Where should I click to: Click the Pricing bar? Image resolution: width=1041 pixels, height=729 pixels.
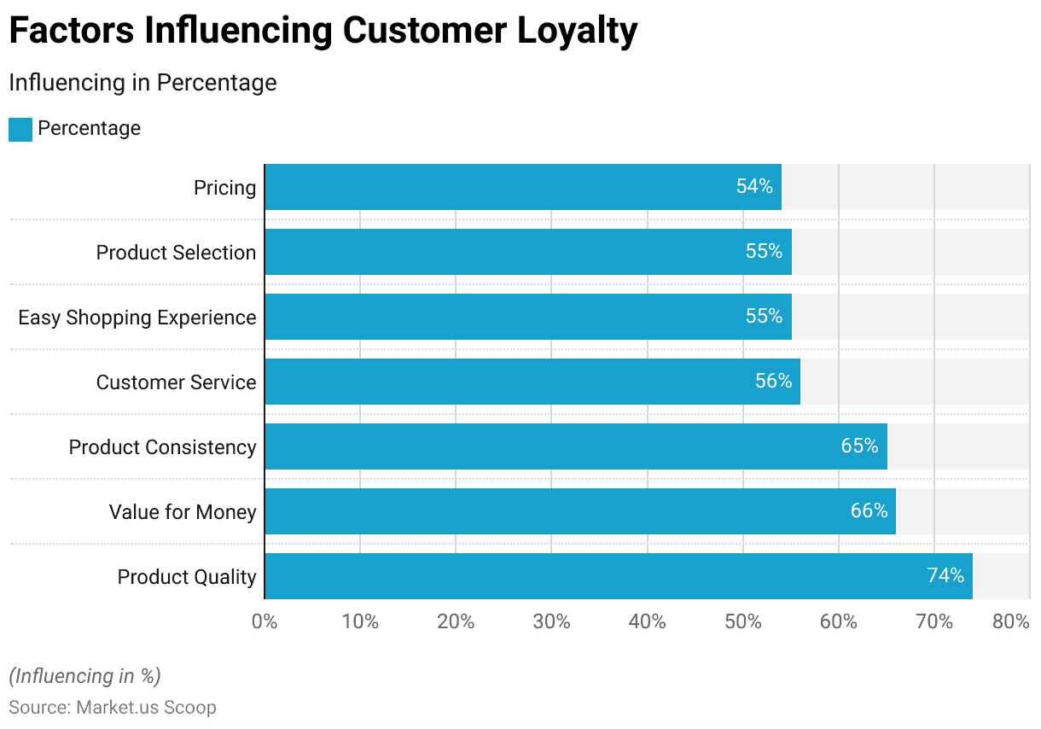[x=522, y=187]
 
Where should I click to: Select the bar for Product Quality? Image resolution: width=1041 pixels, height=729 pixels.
[x=618, y=576]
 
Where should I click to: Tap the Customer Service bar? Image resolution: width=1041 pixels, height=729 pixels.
[x=532, y=382]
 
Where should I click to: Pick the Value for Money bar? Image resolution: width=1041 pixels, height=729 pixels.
[x=579, y=511]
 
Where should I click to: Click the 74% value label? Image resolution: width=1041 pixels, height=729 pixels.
[x=945, y=576]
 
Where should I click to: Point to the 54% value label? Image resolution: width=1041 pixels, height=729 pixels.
[x=754, y=187]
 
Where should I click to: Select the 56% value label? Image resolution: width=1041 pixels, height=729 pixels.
[x=773, y=382]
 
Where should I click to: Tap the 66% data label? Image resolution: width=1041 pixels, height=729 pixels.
[x=869, y=511]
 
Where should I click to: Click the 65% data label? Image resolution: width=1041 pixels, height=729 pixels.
[x=859, y=446]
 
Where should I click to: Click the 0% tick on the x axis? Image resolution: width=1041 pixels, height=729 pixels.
[x=265, y=622]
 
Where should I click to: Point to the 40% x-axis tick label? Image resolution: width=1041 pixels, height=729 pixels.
[x=647, y=622]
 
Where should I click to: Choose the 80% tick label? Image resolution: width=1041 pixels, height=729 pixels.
[x=1011, y=622]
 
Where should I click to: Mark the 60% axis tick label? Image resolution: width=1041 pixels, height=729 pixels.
[x=838, y=622]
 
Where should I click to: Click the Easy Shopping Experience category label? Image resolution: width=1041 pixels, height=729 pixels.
[x=137, y=318]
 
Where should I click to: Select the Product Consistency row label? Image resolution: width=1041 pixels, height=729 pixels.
[x=162, y=447]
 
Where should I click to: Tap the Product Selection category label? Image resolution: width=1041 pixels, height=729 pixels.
[x=176, y=253]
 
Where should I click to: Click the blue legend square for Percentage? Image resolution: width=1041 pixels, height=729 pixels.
[x=20, y=130]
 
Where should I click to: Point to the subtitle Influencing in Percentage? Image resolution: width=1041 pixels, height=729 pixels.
[x=142, y=83]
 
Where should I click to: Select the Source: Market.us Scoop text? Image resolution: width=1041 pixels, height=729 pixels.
[x=113, y=708]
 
